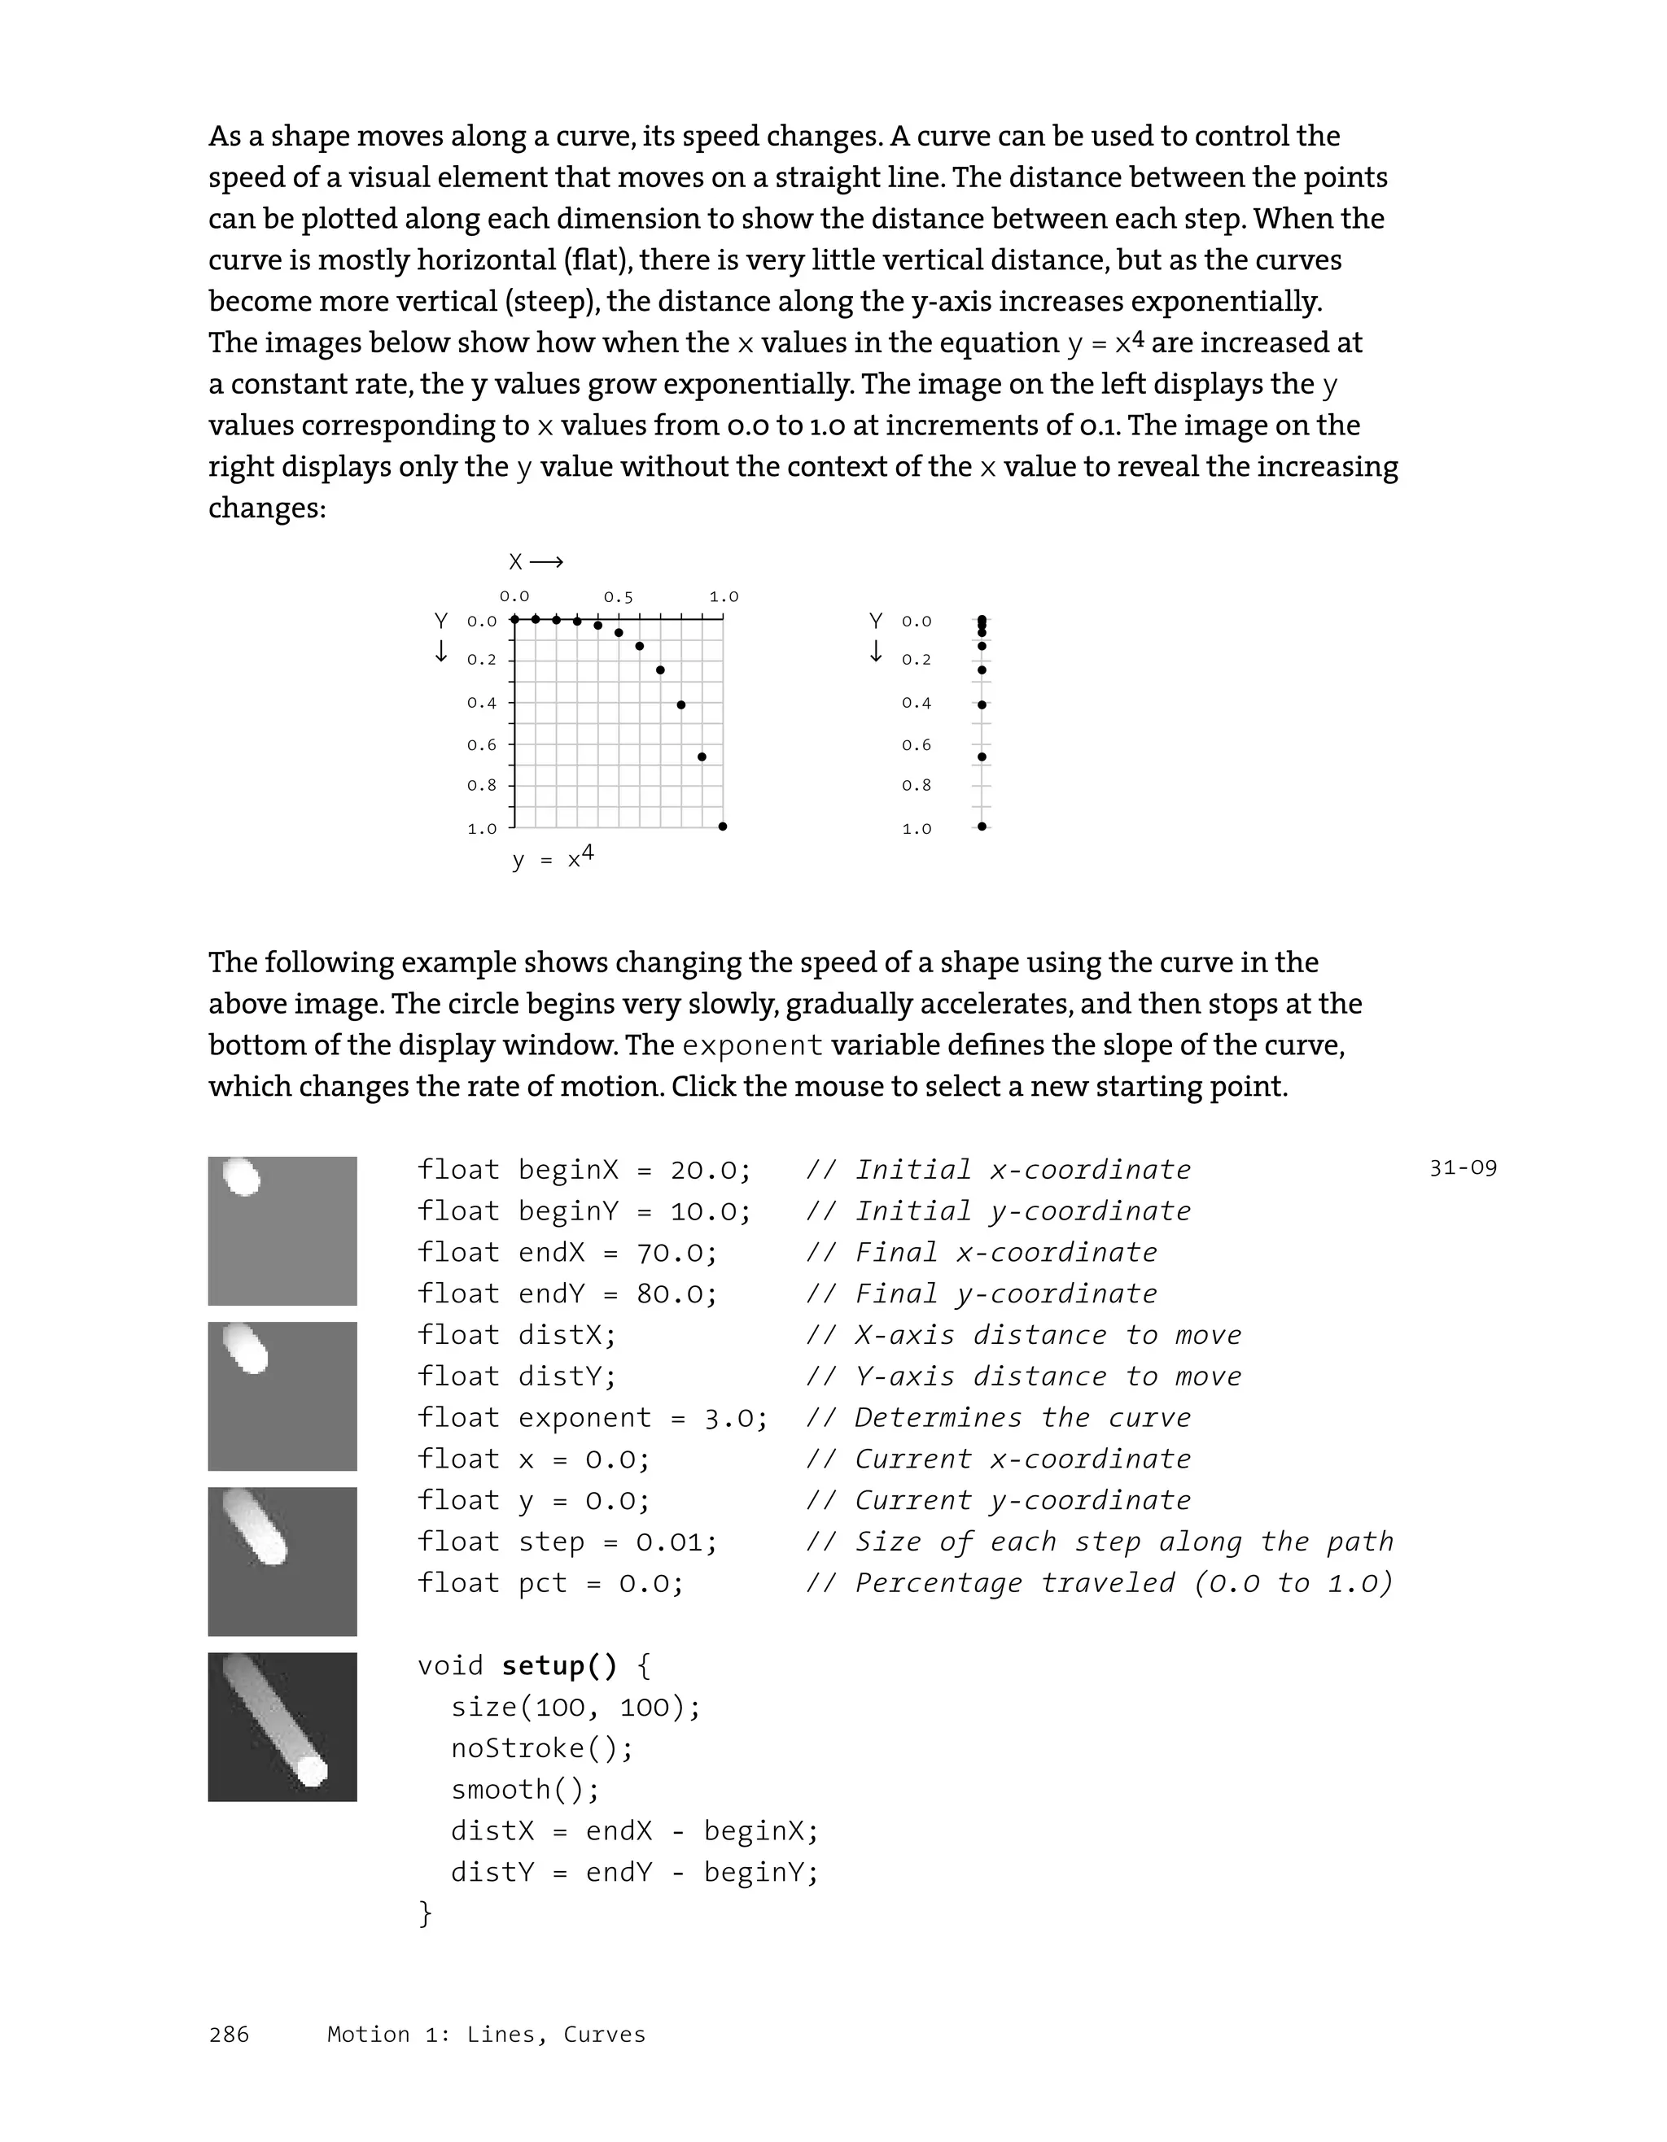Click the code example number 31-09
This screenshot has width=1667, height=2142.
click(x=1462, y=1168)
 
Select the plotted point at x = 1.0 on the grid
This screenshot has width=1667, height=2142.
click(x=722, y=826)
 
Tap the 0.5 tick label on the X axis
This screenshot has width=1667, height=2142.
click(x=618, y=596)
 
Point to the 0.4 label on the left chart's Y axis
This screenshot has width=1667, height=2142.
click(x=482, y=702)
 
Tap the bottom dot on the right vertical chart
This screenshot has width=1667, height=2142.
click(x=981, y=826)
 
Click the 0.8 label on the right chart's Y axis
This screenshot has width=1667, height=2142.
click(x=917, y=786)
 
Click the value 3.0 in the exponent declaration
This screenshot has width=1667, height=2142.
click(x=735, y=1418)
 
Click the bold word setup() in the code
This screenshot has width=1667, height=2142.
click(x=559, y=1665)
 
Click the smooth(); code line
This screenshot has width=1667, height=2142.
click(x=525, y=1790)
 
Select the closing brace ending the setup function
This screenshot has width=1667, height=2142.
click(x=425, y=1913)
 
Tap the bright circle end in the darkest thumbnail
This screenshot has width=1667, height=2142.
click(x=311, y=1770)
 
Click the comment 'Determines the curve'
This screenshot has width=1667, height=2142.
click(x=1022, y=1418)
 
